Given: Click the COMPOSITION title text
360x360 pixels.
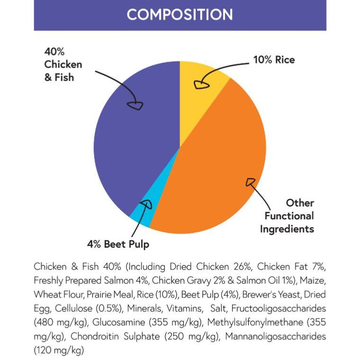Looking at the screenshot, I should coord(180,14).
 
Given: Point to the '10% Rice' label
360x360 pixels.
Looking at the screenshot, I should coord(274,60).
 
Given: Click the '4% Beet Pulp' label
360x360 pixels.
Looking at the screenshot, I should coord(118,244).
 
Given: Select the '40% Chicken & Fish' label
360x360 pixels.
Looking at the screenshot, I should coord(63,64).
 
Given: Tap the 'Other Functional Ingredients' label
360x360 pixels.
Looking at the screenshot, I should coord(289,216).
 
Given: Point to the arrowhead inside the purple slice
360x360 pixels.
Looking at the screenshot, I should coord(136,105).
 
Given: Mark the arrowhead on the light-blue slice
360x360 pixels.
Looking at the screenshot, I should coord(146,205).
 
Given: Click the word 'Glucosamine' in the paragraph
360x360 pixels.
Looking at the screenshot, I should coord(120,323).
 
